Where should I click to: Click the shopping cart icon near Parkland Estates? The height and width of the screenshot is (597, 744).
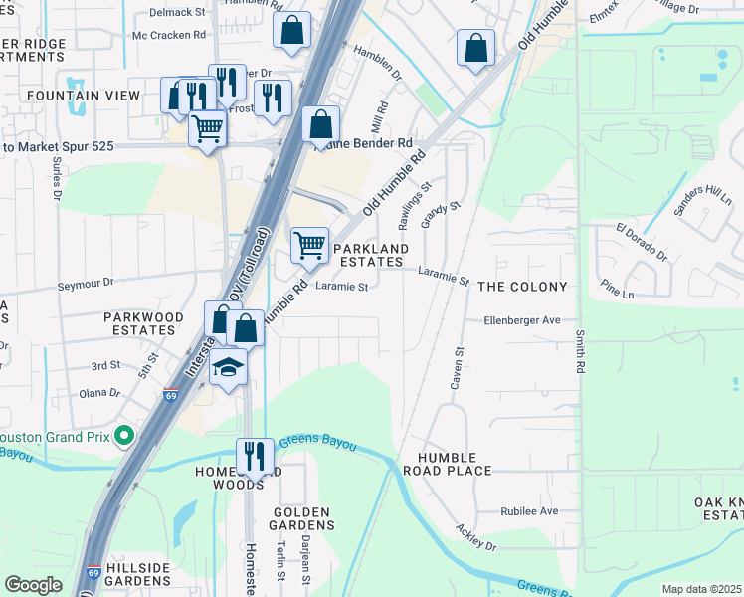pos(310,245)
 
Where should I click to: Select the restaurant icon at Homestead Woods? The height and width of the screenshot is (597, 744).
pos(255,457)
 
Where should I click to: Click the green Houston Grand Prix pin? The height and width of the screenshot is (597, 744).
pos(124,436)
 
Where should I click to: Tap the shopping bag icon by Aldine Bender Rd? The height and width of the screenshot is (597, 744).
pos(320,125)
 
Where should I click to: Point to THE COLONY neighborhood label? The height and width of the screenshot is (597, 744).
pos(522,287)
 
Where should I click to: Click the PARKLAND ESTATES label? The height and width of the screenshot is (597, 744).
pos(370,255)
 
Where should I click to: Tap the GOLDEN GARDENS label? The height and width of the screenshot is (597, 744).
pos(301,518)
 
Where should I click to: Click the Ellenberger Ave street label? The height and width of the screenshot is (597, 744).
pos(522,320)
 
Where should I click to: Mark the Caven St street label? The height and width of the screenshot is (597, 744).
pos(459,367)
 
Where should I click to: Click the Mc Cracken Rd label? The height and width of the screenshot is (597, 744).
pos(169,34)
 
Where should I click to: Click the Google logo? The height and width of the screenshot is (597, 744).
pos(33,585)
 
